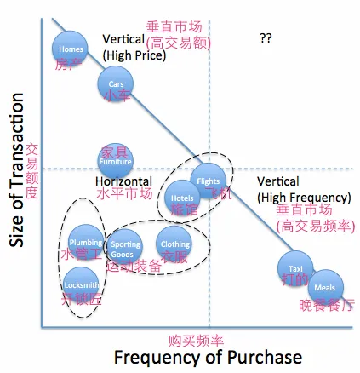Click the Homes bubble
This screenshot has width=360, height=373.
(71, 49)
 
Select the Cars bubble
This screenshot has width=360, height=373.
(116, 83)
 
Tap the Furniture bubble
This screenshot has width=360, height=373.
(115, 161)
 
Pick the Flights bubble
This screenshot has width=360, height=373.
(209, 181)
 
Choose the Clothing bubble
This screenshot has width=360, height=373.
(174, 244)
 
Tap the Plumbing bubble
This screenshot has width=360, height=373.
(86, 242)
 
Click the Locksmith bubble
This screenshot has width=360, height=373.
(82, 284)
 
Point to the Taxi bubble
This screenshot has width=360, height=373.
(295, 269)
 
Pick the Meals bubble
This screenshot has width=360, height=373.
(324, 288)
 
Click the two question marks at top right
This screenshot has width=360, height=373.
(266, 38)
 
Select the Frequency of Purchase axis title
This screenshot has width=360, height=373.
(208, 357)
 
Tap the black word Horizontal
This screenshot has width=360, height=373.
(123, 181)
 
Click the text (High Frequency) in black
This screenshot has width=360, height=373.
(304, 198)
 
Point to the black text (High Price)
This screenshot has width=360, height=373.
(134, 55)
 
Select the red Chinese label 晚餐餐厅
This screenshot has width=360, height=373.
(326, 305)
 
